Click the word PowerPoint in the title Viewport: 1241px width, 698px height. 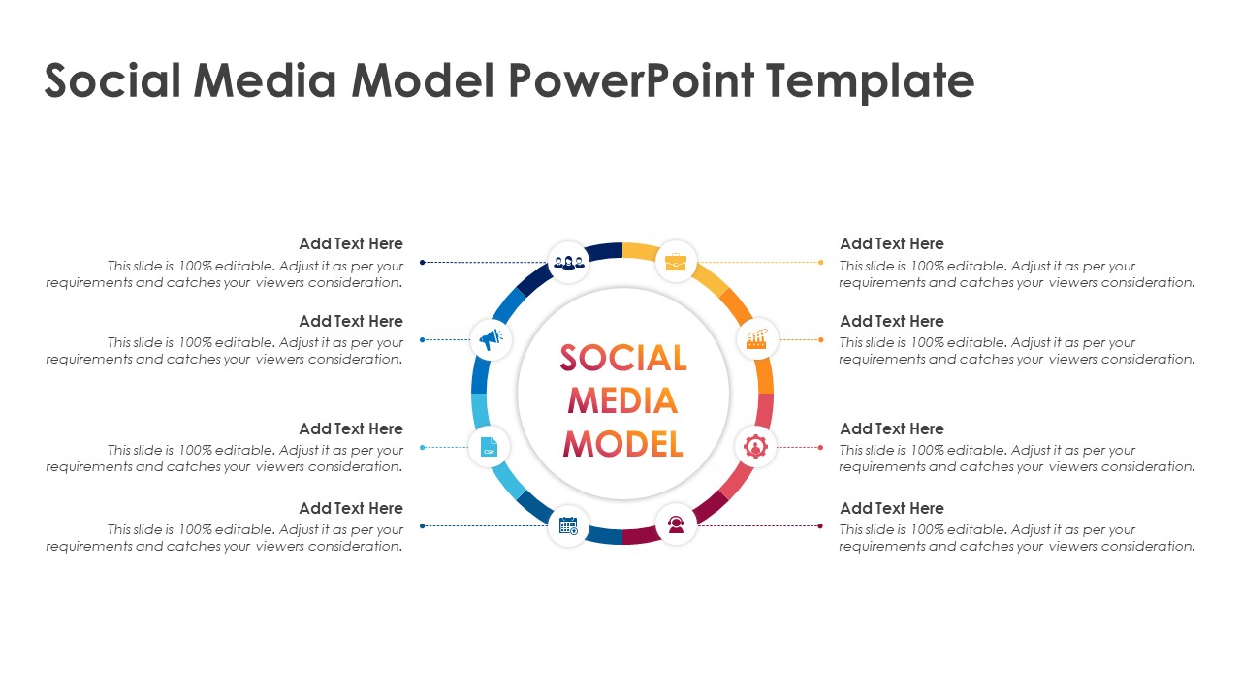[631, 80]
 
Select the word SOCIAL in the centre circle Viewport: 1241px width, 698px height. [623, 358]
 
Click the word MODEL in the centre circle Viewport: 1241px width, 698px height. [623, 444]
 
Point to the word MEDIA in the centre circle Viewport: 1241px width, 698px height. [623, 400]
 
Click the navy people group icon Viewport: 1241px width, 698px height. [569, 262]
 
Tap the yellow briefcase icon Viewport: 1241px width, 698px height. [676, 262]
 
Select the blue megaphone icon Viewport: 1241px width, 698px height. [491, 339]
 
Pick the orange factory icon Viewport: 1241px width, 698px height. [757, 339]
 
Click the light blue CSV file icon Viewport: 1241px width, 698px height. [489, 447]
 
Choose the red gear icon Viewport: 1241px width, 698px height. [755, 447]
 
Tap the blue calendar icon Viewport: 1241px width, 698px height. [568, 525]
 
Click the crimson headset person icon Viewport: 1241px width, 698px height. [676, 524]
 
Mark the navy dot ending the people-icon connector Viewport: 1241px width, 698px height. [422, 262]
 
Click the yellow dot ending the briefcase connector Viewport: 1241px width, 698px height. [821, 262]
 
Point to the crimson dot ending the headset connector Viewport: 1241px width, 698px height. [820, 525]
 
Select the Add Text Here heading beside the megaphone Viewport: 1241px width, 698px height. [351, 321]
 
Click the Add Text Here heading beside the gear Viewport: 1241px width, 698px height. [891, 428]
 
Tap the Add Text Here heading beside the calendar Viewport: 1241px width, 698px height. [351, 509]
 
